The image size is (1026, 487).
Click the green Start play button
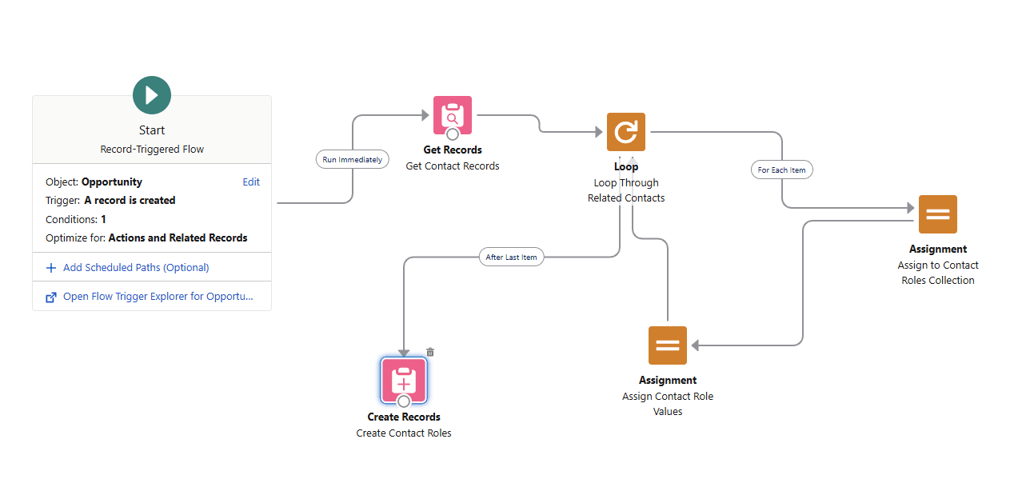152,95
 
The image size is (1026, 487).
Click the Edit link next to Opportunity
251,182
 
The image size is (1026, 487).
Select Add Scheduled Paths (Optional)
136,268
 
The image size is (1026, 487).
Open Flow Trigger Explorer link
158,297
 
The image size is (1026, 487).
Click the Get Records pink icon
453,114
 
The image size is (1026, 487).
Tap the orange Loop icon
626,132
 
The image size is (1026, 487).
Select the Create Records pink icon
404,379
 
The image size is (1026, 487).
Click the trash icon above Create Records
430,352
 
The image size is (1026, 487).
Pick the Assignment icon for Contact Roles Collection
938,214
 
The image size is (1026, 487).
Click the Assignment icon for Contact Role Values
668,345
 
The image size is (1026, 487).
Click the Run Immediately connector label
352,159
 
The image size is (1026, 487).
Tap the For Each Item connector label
781,170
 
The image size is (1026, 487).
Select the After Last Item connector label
512,257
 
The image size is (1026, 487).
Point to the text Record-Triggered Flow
152,150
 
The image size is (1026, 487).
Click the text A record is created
130,201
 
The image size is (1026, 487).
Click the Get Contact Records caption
453,166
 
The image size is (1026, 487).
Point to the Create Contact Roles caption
404,433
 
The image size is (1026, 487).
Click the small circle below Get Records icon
453,134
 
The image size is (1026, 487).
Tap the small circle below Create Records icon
404,401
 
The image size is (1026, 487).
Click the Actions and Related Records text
178,238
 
